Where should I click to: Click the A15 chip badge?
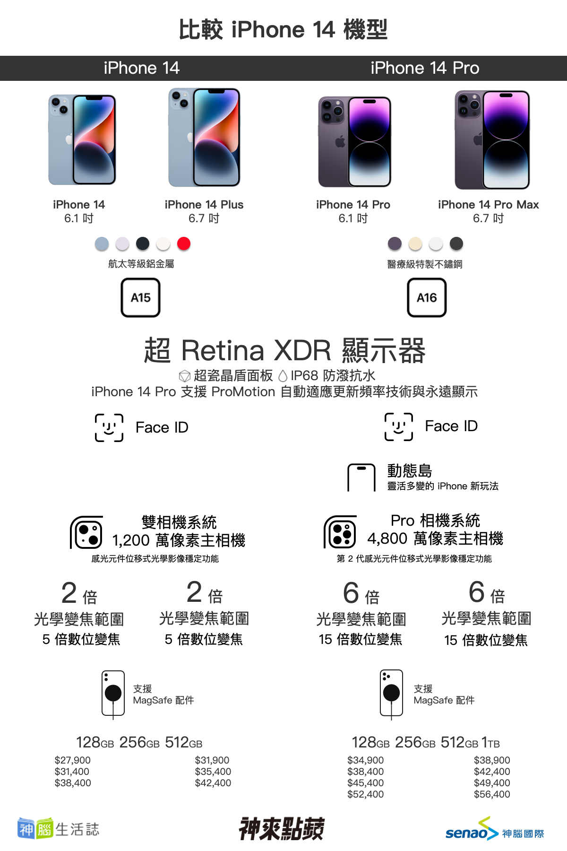click(x=141, y=297)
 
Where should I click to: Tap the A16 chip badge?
click(x=427, y=297)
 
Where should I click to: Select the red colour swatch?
click(x=184, y=243)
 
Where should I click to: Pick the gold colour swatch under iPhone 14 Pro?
click(x=415, y=243)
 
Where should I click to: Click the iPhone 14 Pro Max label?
click(x=489, y=205)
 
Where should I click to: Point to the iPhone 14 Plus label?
click(x=204, y=205)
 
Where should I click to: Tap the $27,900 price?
click(x=73, y=760)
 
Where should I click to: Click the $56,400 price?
click(x=492, y=794)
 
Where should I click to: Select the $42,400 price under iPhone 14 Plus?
click(x=213, y=783)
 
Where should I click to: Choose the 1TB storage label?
click(x=490, y=743)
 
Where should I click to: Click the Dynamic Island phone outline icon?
click(x=361, y=478)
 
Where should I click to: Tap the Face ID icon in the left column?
click(x=109, y=428)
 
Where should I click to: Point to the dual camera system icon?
click(x=87, y=533)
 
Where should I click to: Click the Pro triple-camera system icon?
click(x=340, y=532)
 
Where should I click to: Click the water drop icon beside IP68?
click(x=283, y=376)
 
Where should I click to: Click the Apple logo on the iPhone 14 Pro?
click(x=340, y=141)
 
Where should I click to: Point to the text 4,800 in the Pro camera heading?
click(x=387, y=538)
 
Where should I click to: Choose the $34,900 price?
click(x=366, y=760)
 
